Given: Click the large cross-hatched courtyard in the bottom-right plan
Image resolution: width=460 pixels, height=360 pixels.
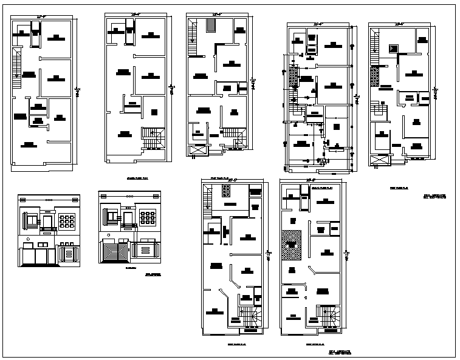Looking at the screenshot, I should pos(291,245).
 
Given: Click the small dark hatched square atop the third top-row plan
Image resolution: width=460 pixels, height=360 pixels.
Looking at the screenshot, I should pos(211,25).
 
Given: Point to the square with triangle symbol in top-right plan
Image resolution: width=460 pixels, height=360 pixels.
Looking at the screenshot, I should pos(393,49).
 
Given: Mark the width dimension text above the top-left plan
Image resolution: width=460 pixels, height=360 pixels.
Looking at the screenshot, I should pos(41,16).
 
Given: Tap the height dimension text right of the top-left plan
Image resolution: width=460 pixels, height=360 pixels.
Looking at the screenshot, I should pos(77,91).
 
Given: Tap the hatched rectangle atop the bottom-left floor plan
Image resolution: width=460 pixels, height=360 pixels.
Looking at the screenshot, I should pos(226,191).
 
